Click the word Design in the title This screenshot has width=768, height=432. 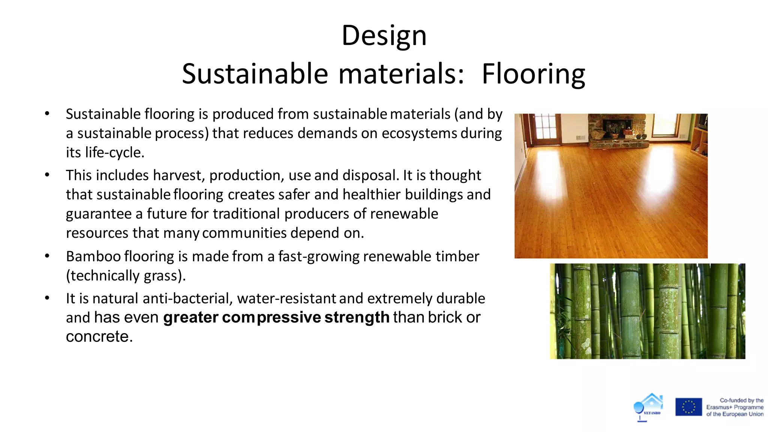click(x=384, y=36)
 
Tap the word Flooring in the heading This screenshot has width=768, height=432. click(x=533, y=74)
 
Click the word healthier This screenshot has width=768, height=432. click(x=372, y=195)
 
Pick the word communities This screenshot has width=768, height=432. click(x=244, y=233)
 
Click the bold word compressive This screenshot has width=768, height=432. click(x=271, y=318)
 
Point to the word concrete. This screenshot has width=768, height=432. click(x=99, y=337)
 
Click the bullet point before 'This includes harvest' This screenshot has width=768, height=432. click(x=47, y=175)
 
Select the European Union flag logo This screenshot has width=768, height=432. click(x=688, y=407)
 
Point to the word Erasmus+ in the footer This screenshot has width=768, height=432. click(x=718, y=407)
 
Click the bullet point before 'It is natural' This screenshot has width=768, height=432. click(x=47, y=298)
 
